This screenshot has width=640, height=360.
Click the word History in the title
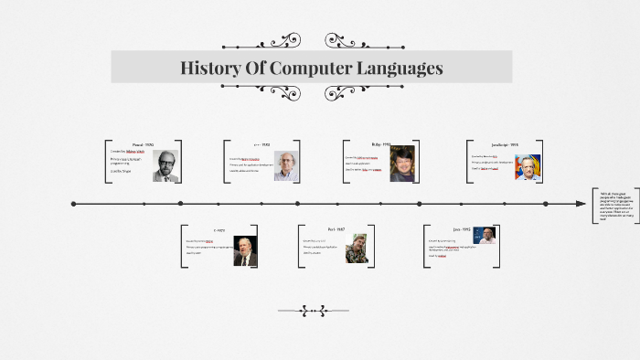(x=211, y=69)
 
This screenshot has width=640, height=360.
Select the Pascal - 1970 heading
(x=144, y=144)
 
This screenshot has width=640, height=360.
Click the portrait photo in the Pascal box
(x=165, y=166)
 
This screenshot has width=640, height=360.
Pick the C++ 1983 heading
(x=261, y=144)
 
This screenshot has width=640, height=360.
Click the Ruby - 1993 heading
(x=380, y=144)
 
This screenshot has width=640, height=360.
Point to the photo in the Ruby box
(x=402, y=164)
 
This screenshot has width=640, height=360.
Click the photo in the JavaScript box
(x=528, y=166)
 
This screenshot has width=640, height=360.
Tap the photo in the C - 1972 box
(x=245, y=250)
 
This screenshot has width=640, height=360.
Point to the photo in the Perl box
(x=357, y=249)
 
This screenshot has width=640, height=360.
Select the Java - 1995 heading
(x=461, y=229)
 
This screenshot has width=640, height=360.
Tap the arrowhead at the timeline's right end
(x=581, y=203)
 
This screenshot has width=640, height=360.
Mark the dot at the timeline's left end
(x=73, y=203)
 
